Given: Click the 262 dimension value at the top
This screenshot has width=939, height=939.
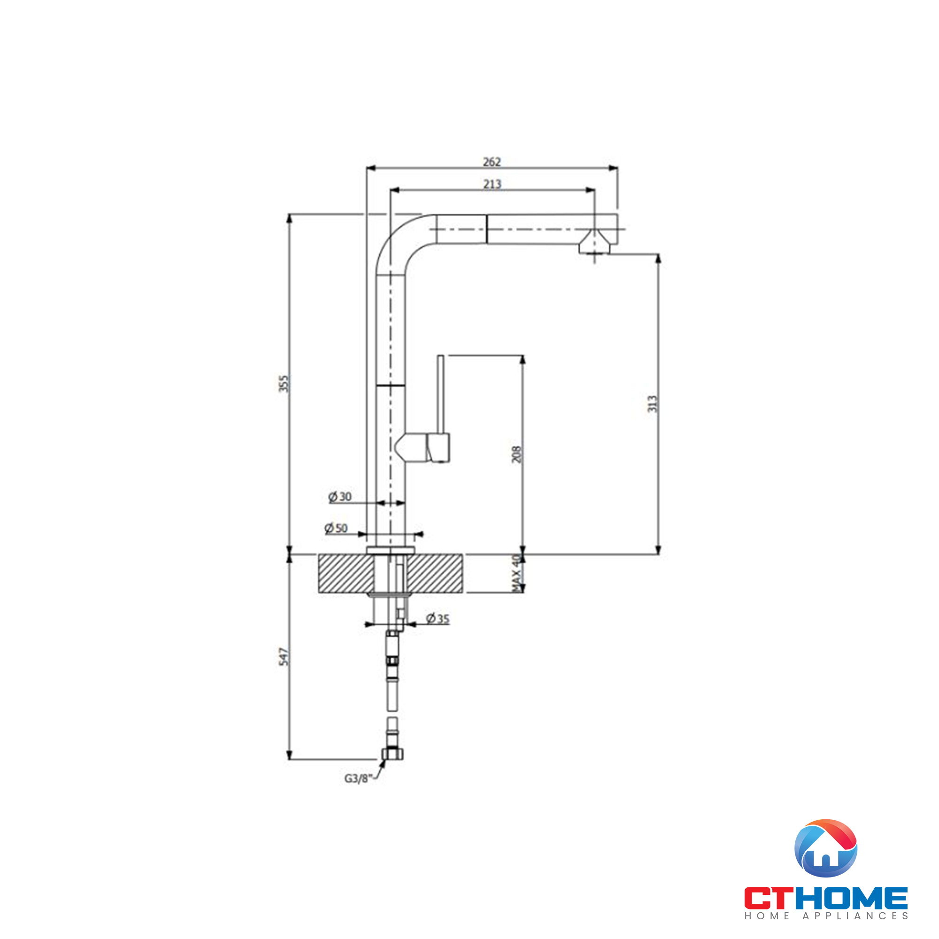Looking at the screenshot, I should click(492, 162).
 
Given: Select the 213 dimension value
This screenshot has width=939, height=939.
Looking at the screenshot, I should click(492, 184).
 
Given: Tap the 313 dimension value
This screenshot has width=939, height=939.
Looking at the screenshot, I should click(652, 404).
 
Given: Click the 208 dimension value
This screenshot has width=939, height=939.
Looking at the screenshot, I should click(516, 454).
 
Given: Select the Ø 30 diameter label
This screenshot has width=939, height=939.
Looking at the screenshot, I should click(340, 497).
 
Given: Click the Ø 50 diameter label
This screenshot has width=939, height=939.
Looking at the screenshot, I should click(336, 528).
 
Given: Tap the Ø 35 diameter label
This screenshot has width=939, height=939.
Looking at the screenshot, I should click(438, 619).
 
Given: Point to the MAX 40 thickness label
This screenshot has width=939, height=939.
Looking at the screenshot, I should click(516, 574).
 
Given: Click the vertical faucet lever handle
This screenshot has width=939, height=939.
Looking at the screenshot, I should click(440, 394).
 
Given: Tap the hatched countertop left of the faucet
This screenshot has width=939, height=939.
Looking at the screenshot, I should click(346, 574).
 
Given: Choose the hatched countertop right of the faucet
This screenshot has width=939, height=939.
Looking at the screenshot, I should click(435, 574).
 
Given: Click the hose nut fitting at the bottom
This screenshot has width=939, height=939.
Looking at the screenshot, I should click(392, 754).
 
